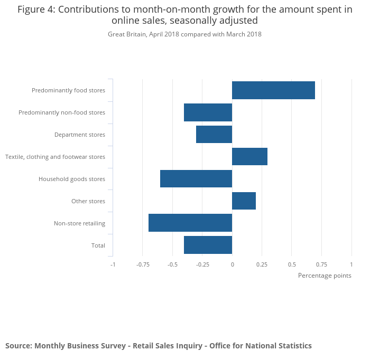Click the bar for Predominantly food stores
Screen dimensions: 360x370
273,90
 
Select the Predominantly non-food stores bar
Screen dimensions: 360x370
208,112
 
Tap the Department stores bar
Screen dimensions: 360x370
214,135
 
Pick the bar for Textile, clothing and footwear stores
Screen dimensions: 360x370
249,157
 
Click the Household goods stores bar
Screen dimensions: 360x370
196,179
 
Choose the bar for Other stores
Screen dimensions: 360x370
244,201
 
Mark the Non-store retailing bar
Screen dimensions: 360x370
190,223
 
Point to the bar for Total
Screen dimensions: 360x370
208,245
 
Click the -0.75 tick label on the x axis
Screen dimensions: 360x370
142,264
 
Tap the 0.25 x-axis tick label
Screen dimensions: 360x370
262,264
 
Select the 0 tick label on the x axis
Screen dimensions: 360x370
232,264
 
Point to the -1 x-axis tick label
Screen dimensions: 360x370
113,264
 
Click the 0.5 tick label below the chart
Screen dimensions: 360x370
292,264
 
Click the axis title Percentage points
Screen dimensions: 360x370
325,276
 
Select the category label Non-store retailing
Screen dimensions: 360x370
79,223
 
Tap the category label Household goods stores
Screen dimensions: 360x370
72,179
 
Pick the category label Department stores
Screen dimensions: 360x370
80,135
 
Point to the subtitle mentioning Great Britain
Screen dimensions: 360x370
184,34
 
